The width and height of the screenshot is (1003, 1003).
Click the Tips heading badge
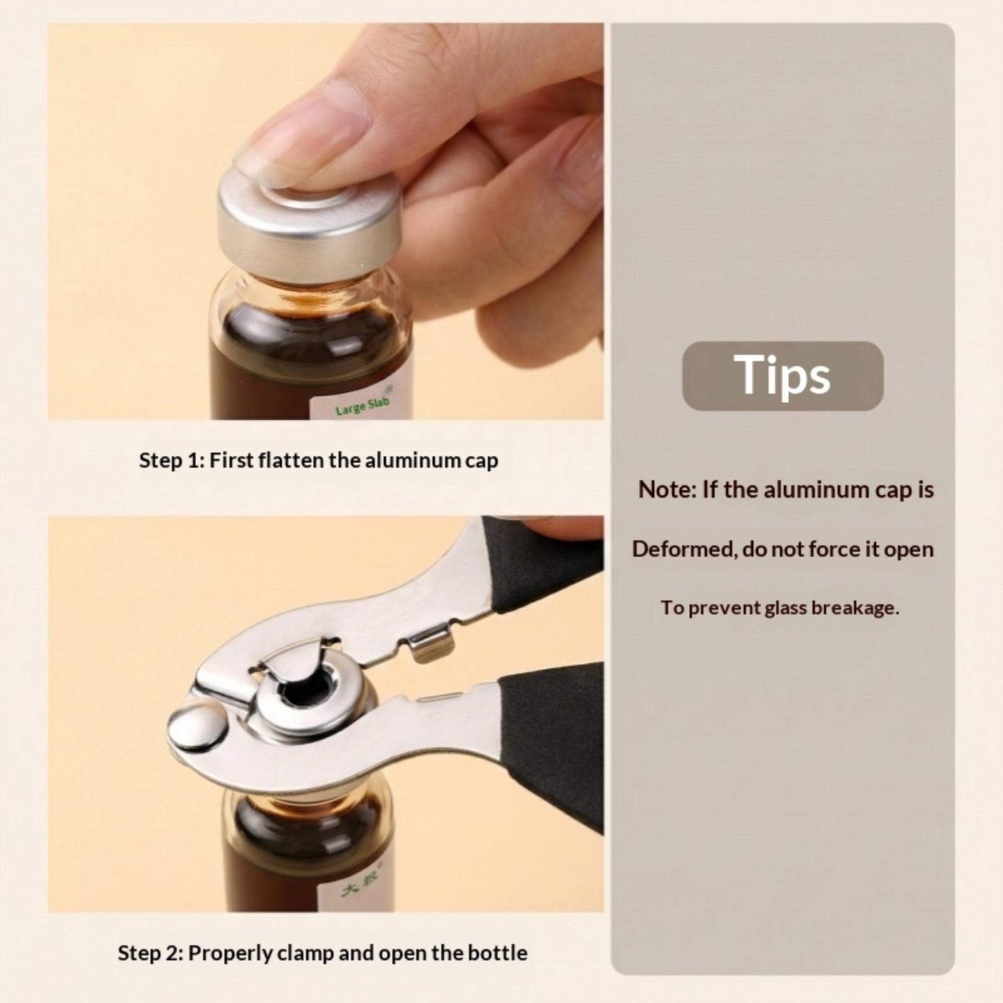pos(782,375)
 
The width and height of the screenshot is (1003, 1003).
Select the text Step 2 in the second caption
pos(151,953)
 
